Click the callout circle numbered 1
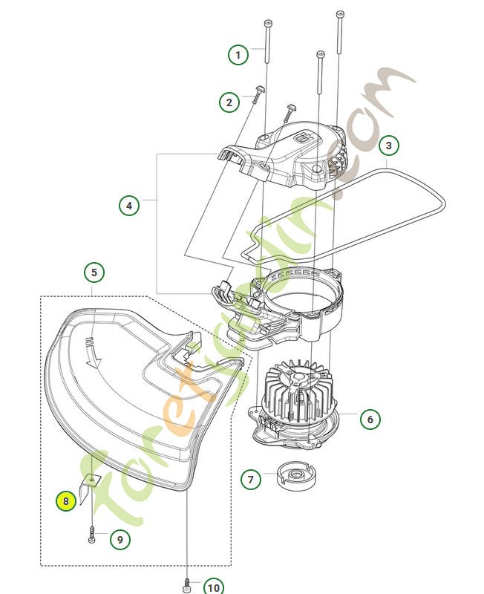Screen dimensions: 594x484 click(238, 55)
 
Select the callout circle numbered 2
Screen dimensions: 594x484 click(229, 102)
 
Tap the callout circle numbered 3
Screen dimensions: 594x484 click(388, 146)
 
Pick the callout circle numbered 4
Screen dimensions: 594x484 click(130, 205)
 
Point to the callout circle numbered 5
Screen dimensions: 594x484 click(94, 272)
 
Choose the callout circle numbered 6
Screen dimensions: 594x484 click(370, 419)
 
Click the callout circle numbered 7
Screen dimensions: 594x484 click(251, 479)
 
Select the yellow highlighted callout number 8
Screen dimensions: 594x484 click(66, 502)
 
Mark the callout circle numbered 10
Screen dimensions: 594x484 click(213, 587)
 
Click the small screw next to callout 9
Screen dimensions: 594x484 click(91, 535)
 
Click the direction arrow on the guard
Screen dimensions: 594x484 click(92, 352)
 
